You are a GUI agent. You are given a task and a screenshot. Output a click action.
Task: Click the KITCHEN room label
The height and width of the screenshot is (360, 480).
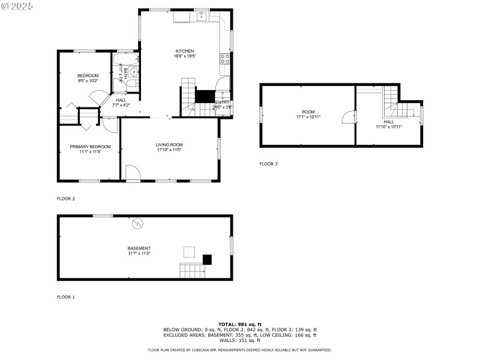point(185,51)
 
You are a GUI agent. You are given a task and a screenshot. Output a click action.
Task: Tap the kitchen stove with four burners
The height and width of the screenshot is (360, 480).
point(226,59)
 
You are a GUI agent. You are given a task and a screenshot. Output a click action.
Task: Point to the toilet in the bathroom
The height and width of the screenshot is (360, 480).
point(135,83)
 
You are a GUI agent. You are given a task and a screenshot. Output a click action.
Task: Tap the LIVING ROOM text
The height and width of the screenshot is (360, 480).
point(169,145)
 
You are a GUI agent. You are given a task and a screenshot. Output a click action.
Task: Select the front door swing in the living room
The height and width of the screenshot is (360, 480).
point(133,173)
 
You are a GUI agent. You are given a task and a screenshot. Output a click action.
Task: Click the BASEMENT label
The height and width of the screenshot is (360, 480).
point(139,248)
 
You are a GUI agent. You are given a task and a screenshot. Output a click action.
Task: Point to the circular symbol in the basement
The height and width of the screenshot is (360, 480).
point(137,223)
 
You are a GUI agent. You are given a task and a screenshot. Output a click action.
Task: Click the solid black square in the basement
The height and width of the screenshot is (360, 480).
point(207,260)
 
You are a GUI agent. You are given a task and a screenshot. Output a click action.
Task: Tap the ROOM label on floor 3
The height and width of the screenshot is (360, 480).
point(308,112)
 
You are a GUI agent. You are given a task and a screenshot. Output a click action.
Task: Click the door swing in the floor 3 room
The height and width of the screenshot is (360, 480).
point(347,118)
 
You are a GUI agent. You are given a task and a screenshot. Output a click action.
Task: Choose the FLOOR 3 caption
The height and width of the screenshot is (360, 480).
point(268,164)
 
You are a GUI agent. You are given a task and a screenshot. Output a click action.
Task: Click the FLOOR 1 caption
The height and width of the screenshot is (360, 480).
point(65,297)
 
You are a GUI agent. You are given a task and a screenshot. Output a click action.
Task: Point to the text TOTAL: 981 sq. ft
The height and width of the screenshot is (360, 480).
point(239,324)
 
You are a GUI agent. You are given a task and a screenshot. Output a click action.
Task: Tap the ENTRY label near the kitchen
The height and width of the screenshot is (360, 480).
point(222,103)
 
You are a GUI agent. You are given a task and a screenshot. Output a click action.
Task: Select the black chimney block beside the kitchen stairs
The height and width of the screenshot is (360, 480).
point(205,97)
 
